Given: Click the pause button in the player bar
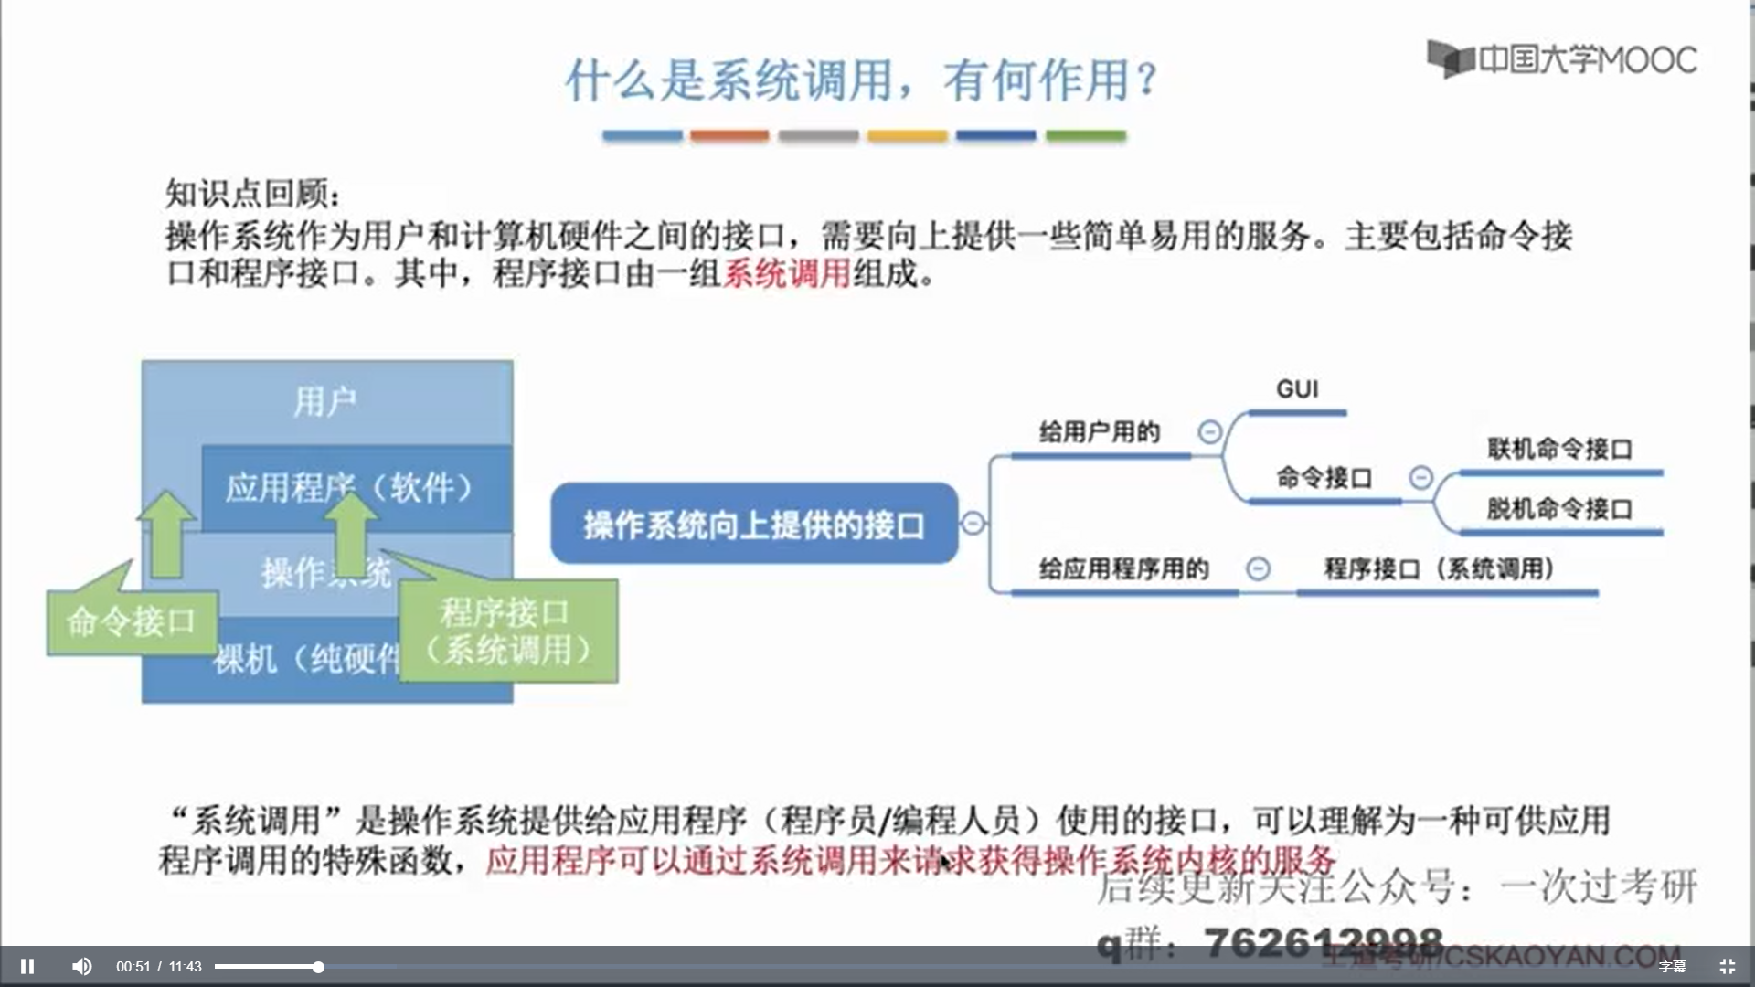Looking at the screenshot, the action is click(27, 966).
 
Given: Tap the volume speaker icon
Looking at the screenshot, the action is click(82, 966).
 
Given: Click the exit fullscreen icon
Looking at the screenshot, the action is click(1727, 966).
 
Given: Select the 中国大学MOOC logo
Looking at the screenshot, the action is click(1562, 59).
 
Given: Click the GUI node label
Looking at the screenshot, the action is click(1297, 389).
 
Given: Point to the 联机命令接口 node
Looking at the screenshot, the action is click(1559, 450).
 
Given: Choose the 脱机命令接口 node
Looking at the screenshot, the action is click(1559, 509).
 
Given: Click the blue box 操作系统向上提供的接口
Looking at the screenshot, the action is click(754, 524).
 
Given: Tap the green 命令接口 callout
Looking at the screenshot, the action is click(132, 622).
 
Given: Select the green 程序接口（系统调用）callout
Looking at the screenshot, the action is click(508, 631).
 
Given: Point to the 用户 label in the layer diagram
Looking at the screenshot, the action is click(325, 401).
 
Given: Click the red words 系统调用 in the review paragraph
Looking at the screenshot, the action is click(787, 273).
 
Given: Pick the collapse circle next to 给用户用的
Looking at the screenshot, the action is click(1209, 431).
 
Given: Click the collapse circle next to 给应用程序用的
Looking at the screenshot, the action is click(1258, 568).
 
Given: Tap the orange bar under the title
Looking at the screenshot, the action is click(729, 135).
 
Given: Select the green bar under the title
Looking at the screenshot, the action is click(1086, 135).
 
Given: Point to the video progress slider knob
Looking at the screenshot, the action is click(318, 967).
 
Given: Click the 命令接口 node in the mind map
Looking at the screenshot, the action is click(1324, 478).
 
